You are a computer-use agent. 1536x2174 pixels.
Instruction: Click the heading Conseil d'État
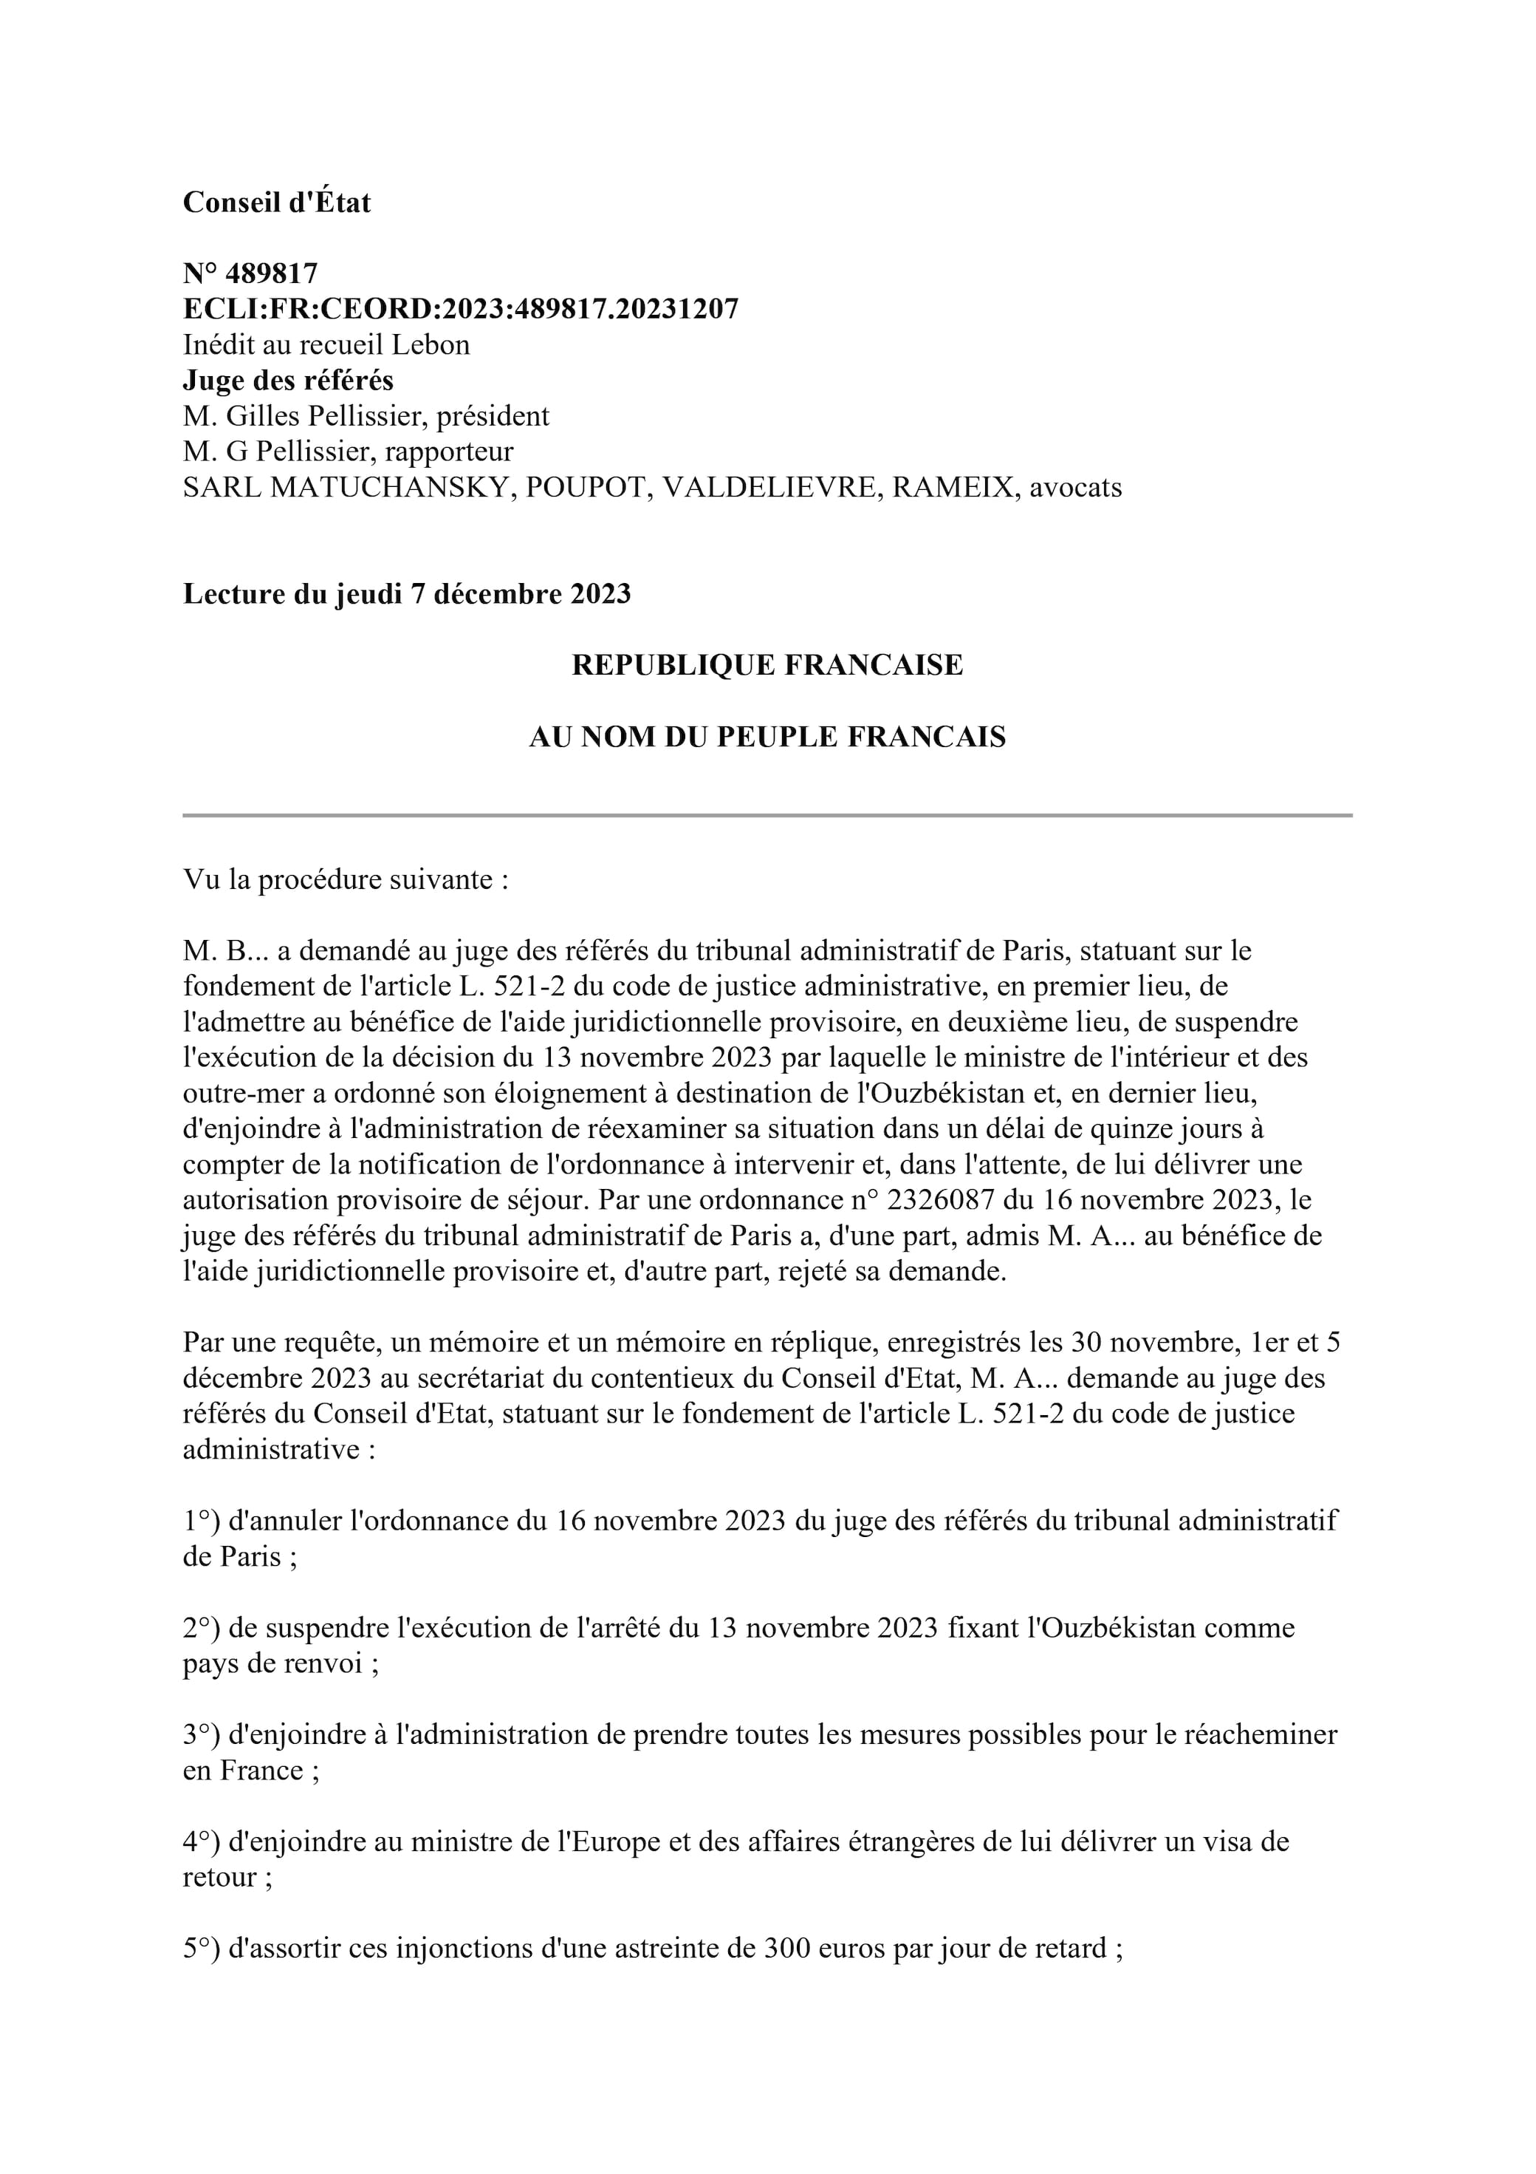pyautogui.click(x=276, y=202)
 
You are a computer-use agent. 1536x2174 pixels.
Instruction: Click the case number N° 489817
pyautogui.click(x=250, y=273)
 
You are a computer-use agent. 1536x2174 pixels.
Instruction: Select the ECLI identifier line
pyautogui.click(x=460, y=309)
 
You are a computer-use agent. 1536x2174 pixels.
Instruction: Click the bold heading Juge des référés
pyautogui.click(x=288, y=381)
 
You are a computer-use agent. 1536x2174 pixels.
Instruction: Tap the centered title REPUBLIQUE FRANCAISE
pyautogui.click(x=767, y=666)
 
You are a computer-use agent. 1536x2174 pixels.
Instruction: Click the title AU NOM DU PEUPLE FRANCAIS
pyautogui.click(x=767, y=737)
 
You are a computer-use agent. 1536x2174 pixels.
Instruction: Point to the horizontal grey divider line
pyautogui.click(x=767, y=815)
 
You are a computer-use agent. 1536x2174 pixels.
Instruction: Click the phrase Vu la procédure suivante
pyautogui.click(x=346, y=879)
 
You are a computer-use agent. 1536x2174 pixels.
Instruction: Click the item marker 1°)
pyautogui.click(x=202, y=1522)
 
